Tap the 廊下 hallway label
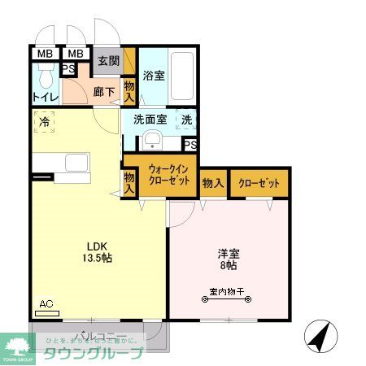click(x=103, y=93)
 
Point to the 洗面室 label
click(x=150, y=120)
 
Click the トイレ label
click(x=44, y=98)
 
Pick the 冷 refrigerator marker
click(x=41, y=124)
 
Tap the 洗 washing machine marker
click(x=186, y=120)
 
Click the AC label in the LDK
click(x=46, y=305)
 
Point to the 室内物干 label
click(x=227, y=290)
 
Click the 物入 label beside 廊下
click(x=129, y=91)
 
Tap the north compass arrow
click(x=320, y=335)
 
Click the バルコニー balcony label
click(x=97, y=336)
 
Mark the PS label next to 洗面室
click(x=190, y=145)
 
